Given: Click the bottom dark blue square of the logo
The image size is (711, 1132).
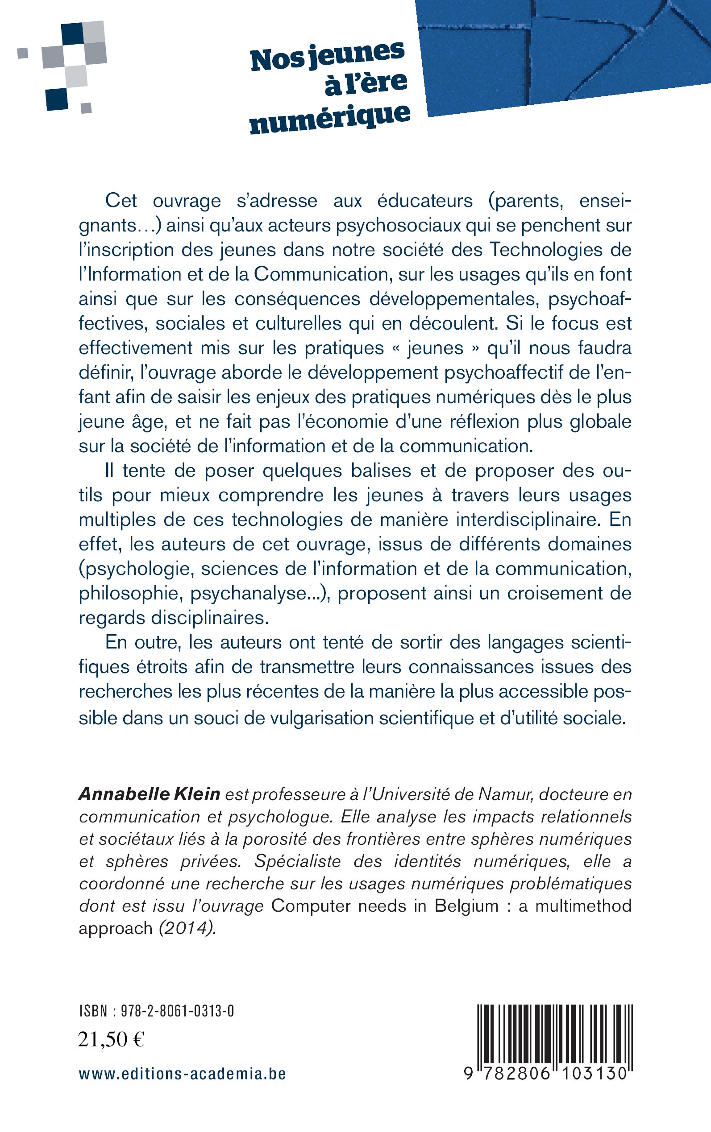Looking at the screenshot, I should pos(57,99).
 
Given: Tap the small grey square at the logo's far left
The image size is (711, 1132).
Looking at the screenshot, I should pos(23,53).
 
